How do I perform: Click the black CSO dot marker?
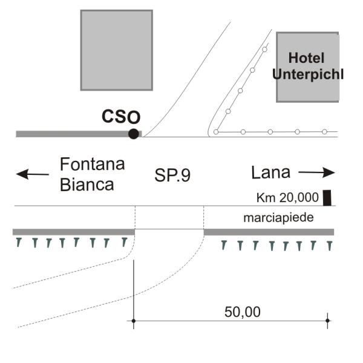click(134, 134)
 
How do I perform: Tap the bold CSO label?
click(121, 116)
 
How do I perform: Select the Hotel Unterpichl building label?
click(308, 66)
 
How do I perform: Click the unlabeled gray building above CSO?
click(116, 50)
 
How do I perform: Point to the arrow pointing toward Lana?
click(316, 172)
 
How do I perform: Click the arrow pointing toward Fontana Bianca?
click(33, 174)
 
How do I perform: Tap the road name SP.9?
click(172, 175)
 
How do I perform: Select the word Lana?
click(270, 172)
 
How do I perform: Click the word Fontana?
click(93, 164)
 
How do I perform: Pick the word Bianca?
click(87, 185)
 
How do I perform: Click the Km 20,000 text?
click(287, 198)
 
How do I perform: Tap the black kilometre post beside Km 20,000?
click(327, 198)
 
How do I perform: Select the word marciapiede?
click(278, 218)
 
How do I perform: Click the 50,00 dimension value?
click(243, 312)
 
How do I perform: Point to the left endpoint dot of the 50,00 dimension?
click(134, 321)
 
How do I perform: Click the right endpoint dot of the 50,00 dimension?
click(327, 321)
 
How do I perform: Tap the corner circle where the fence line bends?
click(216, 132)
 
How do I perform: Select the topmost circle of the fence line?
click(264, 50)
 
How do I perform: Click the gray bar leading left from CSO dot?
click(72, 134)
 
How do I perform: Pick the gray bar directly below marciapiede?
click(269, 232)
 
